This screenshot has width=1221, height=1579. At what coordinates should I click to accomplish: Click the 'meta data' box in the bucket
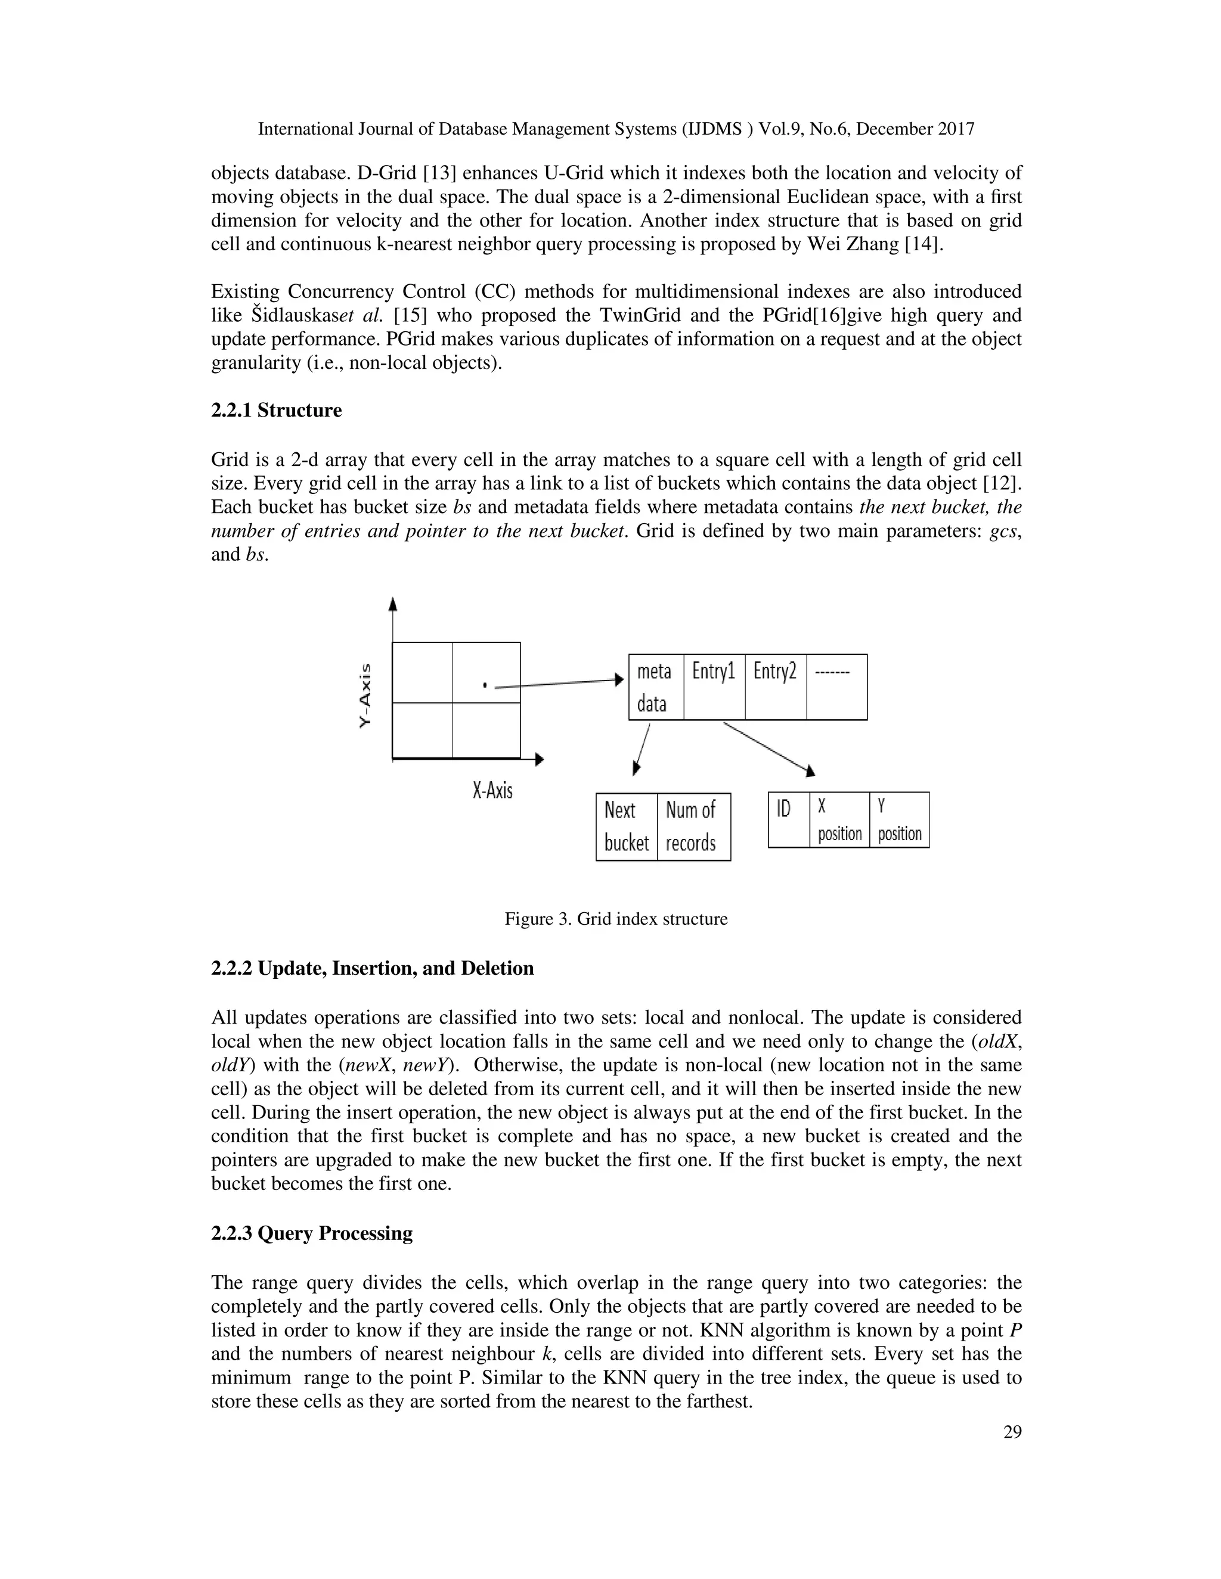pyautogui.click(x=655, y=687)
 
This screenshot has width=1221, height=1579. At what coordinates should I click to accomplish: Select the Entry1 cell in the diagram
pyautogui.click(x=713, y=687)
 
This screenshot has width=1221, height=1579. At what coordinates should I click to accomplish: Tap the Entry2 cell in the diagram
pyautogui.click(x=776, y=687)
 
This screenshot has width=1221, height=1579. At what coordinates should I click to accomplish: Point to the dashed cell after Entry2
pyautogui.click(x=836, y=687)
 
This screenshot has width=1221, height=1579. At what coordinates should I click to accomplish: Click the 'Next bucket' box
pyautogui.click(x=627, y=826)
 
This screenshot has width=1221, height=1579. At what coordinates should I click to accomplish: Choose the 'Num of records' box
pyautogui.click(x=693, y=826)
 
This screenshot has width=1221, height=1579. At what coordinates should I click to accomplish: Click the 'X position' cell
pyautogui.click(x=839, y=819)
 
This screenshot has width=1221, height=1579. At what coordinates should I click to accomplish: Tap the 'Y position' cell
pyautogui.click(x=899, y=819)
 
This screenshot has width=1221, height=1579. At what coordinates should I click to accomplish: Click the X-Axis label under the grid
pyautogui.click(x=492, y=790)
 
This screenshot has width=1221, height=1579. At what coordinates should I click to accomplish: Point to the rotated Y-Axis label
pyautogui.click(x=367, y=695)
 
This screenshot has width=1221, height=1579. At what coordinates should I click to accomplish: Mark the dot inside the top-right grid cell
pyautogui.click(x=485, y=684)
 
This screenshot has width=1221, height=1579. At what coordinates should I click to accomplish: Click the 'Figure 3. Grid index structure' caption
pyautogui.click(x=615, y=919)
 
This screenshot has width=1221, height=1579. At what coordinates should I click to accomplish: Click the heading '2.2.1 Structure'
pyautogui.click(x=276, y=410)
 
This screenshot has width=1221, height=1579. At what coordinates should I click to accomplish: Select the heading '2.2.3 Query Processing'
pyautogui.click(x=312, y=1233)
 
